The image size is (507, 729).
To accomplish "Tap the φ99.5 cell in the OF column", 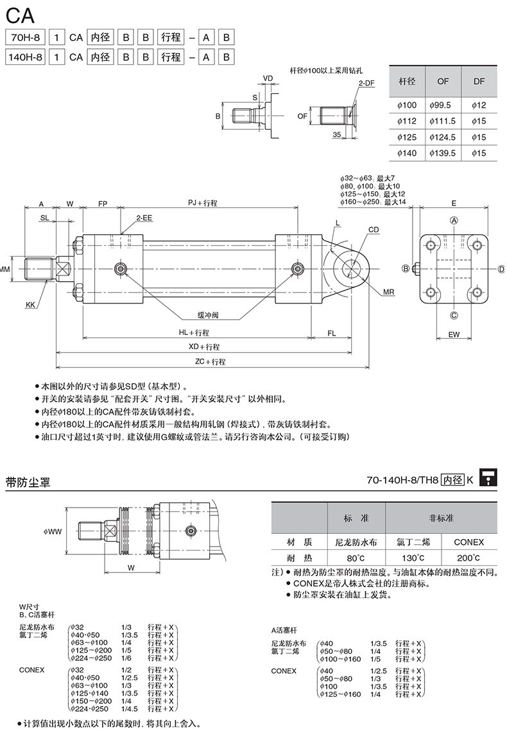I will (x=443, y=105).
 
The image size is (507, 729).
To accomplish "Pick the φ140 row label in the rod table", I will (x=407, y=153).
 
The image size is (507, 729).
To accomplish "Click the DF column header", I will (x=479, y=81).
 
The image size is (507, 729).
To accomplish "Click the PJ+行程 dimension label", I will (x=202, y=203).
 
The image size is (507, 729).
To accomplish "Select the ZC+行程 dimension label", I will (x=211, y=362).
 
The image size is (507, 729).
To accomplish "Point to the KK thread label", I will (x=30, y=305).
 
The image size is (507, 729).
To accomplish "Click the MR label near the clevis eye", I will (x=388, y=292).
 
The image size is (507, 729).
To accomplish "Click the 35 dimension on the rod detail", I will (x=337, y=135).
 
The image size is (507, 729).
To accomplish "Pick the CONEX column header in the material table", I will (x=469, y=542).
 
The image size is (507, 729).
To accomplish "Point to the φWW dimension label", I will (x=52, y=531).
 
